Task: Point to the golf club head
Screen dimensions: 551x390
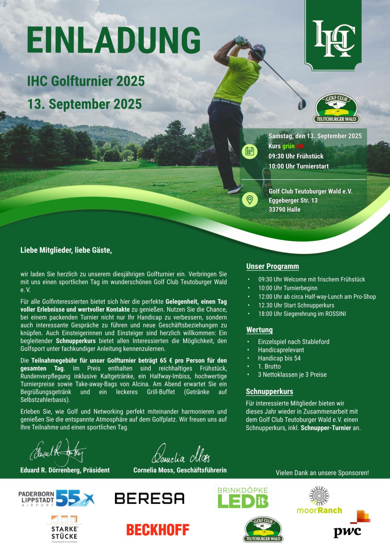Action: coord(302,104)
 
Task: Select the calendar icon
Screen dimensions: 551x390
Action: coord(250,151)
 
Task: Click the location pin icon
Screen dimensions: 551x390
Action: coord(250,200)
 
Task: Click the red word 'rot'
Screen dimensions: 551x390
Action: coord(300,146)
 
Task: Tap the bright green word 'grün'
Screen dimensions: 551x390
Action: coord(288,146)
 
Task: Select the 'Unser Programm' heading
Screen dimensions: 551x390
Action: coord(272,267)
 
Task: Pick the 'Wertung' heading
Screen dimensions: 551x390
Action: coord(259,330)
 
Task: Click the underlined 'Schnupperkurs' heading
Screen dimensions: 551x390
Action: coord(269,392)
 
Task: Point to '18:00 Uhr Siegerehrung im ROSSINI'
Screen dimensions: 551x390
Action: coord(302,314)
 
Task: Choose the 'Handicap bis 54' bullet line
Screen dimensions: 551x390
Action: coord(279,358)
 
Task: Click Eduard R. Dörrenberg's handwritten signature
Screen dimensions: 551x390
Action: coord(58,453)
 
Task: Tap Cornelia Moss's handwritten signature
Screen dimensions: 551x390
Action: coord(181,455)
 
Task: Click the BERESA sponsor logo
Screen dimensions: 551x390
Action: coord(149,498)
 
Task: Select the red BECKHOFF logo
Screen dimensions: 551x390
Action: coord(158,530)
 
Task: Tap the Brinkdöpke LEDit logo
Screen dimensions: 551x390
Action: coord(243,498)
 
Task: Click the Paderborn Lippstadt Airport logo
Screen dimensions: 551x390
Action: coord(56,498)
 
